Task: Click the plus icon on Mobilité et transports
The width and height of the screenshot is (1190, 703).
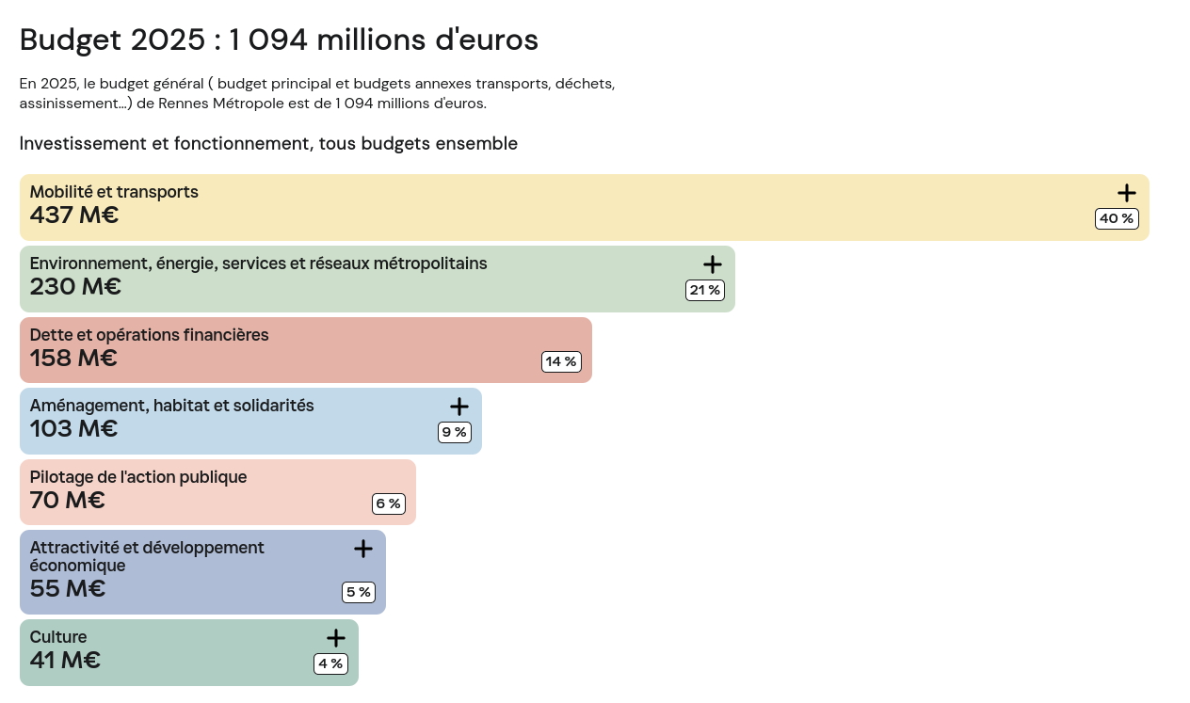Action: point(1126,193)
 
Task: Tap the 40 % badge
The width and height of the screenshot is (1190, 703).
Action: point(1117,218)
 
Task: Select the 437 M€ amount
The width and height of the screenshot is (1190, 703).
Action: point(74,216)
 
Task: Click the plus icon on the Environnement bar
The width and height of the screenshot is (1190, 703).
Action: point(712,264)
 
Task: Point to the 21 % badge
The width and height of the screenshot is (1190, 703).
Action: point(705,290)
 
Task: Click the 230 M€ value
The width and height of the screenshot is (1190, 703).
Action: point(75,287)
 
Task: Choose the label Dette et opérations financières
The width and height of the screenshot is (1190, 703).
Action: point(149,335)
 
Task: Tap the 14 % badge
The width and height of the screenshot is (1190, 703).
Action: point(561,361)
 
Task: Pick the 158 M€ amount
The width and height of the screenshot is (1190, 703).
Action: point(73,359)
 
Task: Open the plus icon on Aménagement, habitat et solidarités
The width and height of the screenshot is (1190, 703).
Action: point(458,407)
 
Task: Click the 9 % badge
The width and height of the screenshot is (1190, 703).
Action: point(454,432)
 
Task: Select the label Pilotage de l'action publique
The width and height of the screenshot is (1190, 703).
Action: point(138,477)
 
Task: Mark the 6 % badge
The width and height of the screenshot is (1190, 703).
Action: point(388,503)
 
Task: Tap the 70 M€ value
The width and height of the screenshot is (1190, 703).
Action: point(67,501)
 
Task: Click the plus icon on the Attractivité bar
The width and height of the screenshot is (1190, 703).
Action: point(362,549)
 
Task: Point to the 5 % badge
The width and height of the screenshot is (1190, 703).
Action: point(358,592)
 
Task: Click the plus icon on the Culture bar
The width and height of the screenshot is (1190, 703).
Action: point(335,638)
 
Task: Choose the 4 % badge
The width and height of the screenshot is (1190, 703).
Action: point(330,663)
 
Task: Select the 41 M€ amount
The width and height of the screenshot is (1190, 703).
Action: point(65,661)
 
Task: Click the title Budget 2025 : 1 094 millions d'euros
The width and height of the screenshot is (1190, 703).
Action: point(279,40)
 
